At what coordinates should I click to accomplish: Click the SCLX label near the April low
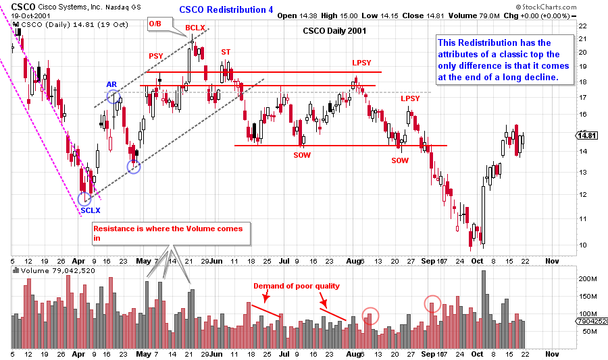tap(91, 210)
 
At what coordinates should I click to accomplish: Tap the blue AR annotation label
tap(112, 84)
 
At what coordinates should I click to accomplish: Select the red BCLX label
tap(196, 27)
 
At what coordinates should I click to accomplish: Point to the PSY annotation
tap(155, 56)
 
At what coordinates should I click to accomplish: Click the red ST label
tap(225, 52)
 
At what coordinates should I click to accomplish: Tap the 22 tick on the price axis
tap(581, 26)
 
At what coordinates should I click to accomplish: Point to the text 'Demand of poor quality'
tap(297, 286)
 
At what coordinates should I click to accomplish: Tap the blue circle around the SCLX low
tap(84, 198)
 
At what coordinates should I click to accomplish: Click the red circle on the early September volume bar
tap(433, 304)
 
